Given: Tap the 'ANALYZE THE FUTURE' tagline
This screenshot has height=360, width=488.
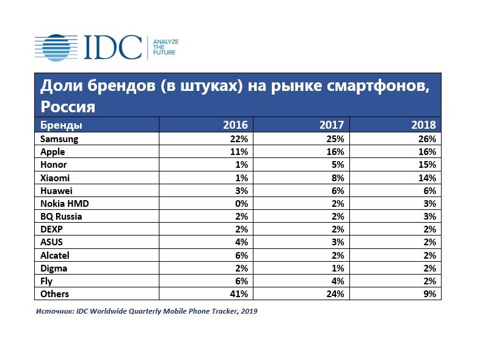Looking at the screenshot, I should coord(165,47).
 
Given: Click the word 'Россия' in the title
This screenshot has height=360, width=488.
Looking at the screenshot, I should coord(68,107).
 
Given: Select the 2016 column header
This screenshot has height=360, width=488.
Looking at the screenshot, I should coord(235,125).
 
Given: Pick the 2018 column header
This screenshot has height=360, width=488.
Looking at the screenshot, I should coord(424,125).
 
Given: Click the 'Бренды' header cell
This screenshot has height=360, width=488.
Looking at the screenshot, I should coord(61,125).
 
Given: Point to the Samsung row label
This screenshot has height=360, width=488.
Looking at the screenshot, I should coord(59,139).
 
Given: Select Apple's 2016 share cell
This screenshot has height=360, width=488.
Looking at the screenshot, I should coord(238,152).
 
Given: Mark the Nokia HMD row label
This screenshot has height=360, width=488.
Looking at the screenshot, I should coord(65,204).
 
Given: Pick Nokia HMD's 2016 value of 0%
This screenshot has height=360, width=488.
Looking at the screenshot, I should coord(240,204).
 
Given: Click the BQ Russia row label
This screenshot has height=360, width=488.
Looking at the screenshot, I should coord(61,217).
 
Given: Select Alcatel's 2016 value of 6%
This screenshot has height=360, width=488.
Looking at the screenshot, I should coord(240,255).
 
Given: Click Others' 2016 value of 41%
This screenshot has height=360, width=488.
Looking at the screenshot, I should coord(238,294).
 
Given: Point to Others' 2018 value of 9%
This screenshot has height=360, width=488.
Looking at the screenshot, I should coord(429,294).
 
